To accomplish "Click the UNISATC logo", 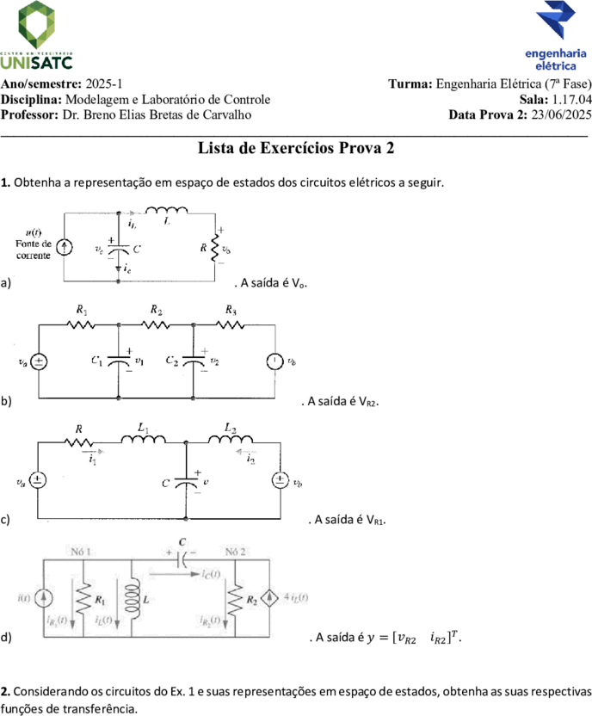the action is click(36, 35).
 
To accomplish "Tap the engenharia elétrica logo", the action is click(556, 36).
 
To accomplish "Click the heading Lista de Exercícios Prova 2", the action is click(296, 148).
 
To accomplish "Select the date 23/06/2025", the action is click(561, 114).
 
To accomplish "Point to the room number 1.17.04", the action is click(572, 99).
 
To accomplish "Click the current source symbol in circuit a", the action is click(64, 248).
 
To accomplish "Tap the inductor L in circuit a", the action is click(166, 210).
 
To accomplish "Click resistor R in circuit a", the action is click(214, 248).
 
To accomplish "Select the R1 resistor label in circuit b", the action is click(82, 311).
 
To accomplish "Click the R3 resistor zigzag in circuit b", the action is click(231, 324).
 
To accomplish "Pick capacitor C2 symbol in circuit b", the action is click(193, 361).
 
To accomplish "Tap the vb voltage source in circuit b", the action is click(274, 361).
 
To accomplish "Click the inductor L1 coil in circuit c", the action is click(144, 439).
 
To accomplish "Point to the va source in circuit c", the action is click(37, 480).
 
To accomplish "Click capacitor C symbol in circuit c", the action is click(186, 482).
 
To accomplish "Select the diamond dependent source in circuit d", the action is click(269, 598).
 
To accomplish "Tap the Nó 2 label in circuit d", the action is click(235, 552).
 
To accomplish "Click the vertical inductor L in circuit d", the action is click(132, 598).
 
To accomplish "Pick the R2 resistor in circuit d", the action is click(235, 600).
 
